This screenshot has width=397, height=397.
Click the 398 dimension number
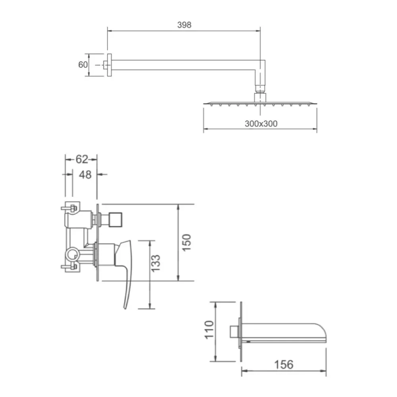(184, 25)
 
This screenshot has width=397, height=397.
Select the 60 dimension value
(83, 65)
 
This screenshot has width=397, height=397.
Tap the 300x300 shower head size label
(261, 123)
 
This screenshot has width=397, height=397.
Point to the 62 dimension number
(82, 159)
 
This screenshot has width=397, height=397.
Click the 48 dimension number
(85, 175)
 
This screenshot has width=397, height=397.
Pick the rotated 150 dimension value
(187, 243)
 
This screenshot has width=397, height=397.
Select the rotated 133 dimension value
(156, 263)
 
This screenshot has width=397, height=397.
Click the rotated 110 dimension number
(209, 330)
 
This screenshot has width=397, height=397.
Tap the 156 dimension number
(284, 364)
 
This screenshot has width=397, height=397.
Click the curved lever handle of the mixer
(127, 268)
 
